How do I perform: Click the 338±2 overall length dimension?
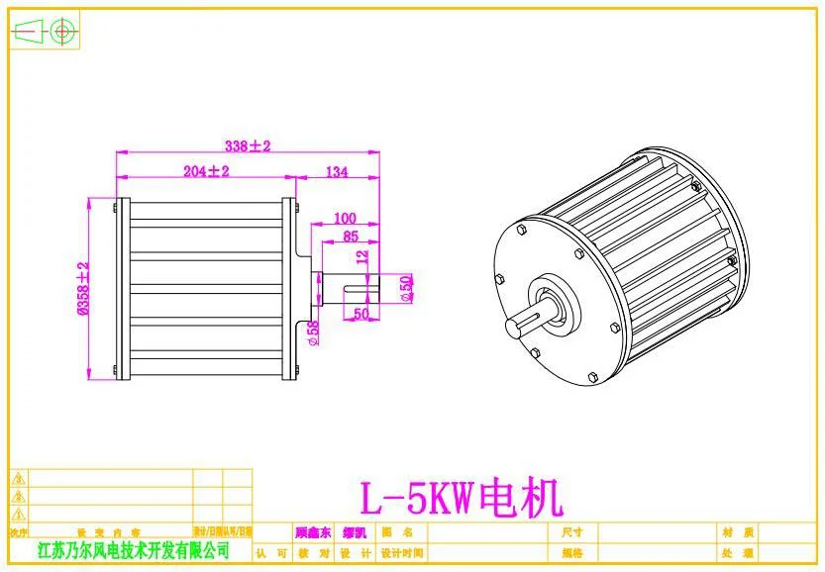[247, 145]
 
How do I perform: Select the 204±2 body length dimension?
[206, 171]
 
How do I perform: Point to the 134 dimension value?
[336, 172]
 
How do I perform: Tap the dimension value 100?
[345, 218]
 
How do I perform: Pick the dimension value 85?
[351, 237]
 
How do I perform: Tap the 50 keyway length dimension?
[361, 314]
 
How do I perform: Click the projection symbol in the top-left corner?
[46, 32]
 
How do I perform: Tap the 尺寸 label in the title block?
[571, 531]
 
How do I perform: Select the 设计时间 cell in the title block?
[401, 553]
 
